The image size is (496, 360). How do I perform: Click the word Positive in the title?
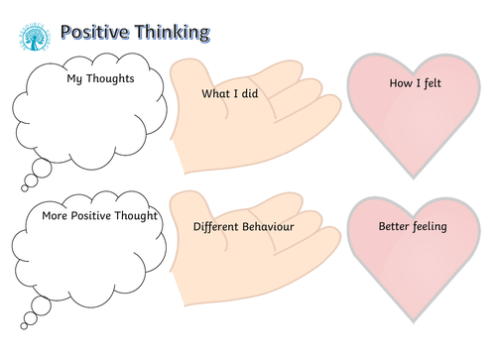(96, 33)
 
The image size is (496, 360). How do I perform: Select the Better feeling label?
(414, 226)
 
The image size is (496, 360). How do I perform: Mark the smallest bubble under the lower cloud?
(25, 324)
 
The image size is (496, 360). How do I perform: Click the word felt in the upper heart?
(432, 84)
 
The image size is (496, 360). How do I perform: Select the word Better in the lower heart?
(396, 226)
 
